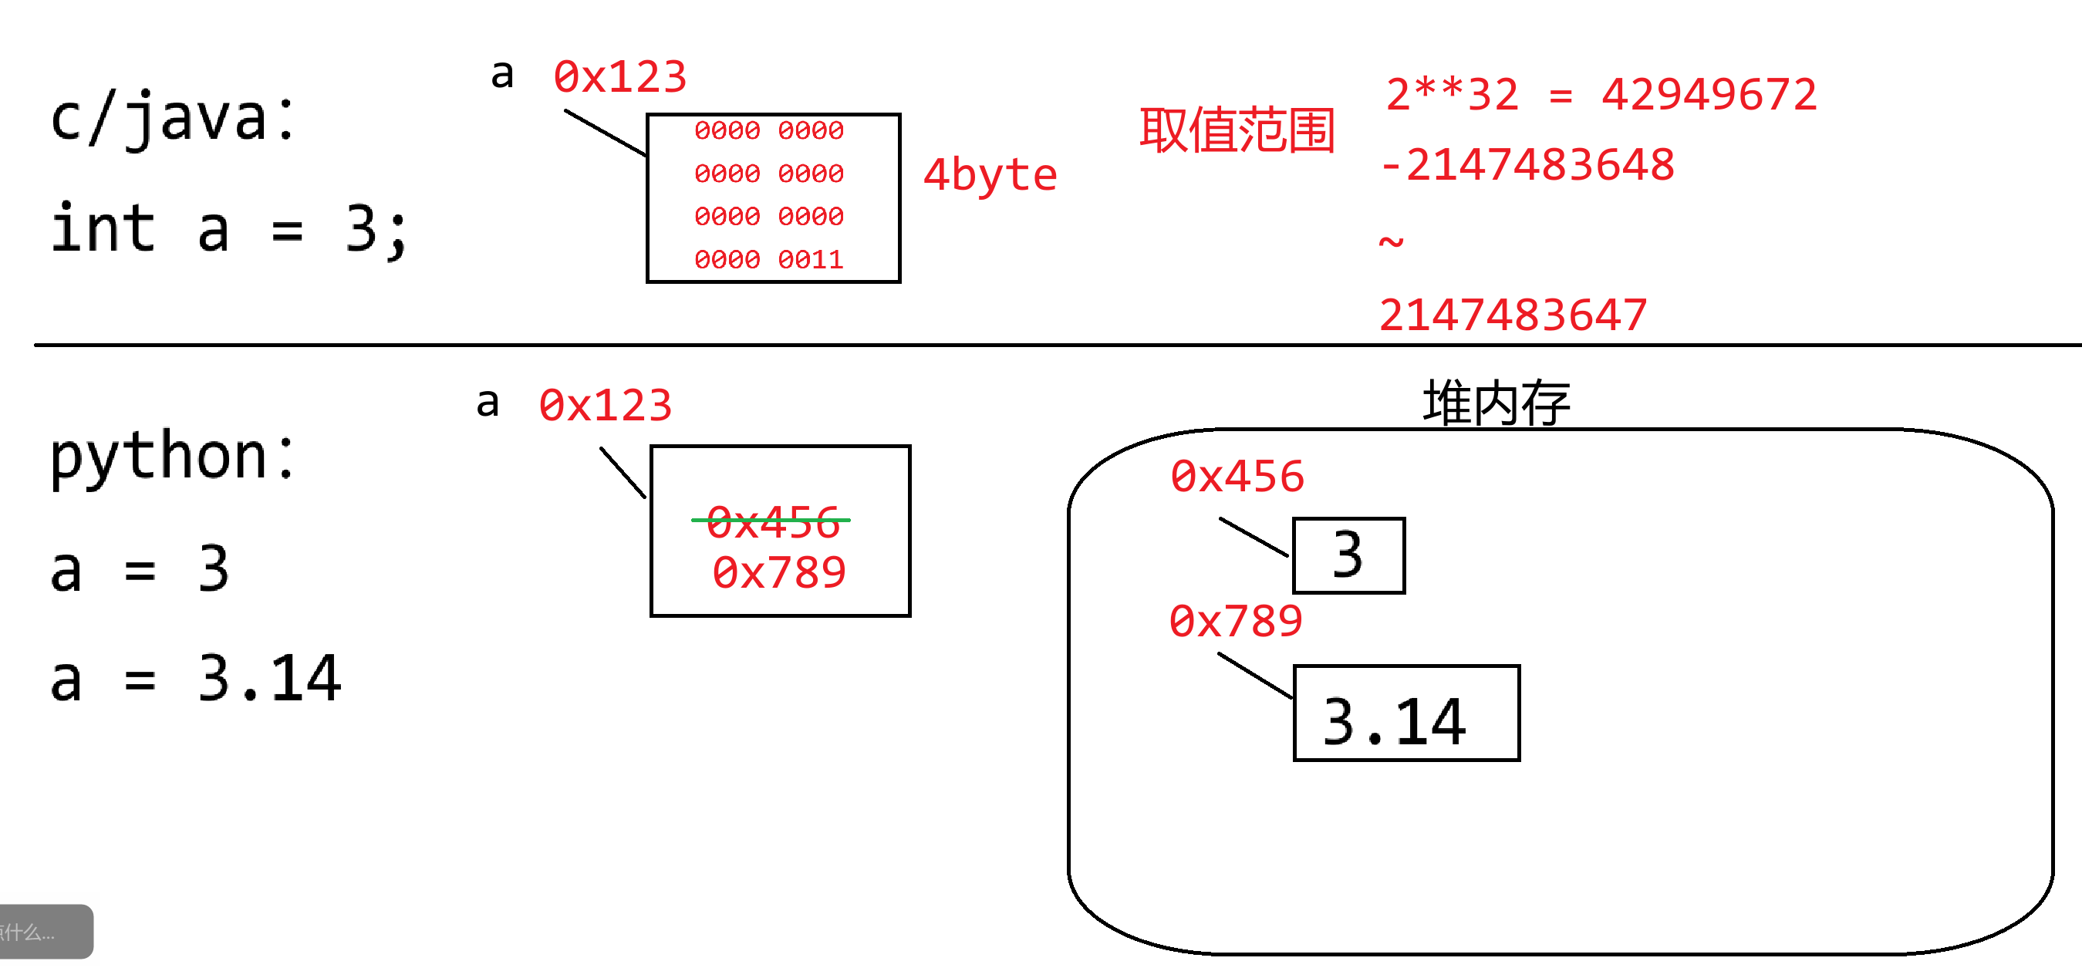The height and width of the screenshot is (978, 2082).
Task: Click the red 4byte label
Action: [x=989, y=175]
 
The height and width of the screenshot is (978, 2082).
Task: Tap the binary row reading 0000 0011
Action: [x=768, y=259]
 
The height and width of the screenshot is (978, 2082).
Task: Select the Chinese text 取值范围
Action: [x=1236, y=131]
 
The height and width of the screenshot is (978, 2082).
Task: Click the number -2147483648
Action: [x=1527, y=165]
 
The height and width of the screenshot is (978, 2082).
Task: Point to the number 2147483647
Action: [x=1512, y=315]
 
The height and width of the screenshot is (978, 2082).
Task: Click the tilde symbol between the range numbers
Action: [x=1391, y=241]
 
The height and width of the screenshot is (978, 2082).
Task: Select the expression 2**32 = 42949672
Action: [x=1601, y=95]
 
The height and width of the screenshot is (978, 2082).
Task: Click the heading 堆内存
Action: [x=1495, y=402]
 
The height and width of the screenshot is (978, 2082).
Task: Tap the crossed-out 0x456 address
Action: [x=772, y=521]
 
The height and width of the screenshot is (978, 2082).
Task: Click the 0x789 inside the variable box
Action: [x=778, y=572]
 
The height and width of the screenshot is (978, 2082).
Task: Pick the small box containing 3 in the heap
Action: [x=1348, y=555]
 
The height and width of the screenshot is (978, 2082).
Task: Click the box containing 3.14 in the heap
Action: [x=1405, y=713]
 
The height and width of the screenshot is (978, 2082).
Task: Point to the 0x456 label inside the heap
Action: [x=1237, y=476]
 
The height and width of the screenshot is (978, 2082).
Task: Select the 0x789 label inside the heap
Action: [x=1235, y=621]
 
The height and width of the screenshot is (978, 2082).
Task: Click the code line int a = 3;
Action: [x=229, y=230]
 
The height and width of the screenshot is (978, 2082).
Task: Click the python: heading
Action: [x=173, y=457]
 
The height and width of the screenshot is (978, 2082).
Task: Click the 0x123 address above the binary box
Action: [x=619, y=78]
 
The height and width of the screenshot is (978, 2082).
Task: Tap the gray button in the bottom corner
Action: [x=45, y=931]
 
